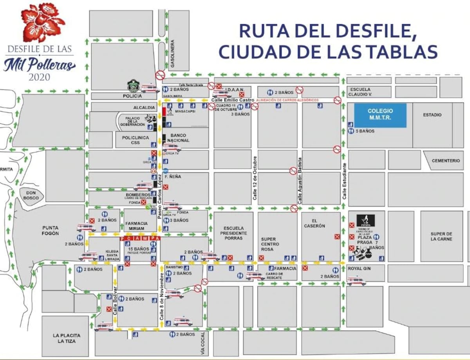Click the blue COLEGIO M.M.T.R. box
[380, 115]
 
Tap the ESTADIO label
[432, 115]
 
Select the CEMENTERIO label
[446, 160]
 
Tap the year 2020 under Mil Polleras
[40, 77]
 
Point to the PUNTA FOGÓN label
[51, 230]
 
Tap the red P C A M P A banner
[140, 238]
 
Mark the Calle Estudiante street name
[344, 181]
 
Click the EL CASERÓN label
[315, 223]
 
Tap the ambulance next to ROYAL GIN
[356, 281]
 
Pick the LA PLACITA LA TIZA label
[67, 338]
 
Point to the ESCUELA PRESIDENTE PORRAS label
[234, 233]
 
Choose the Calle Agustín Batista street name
[300, 181]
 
